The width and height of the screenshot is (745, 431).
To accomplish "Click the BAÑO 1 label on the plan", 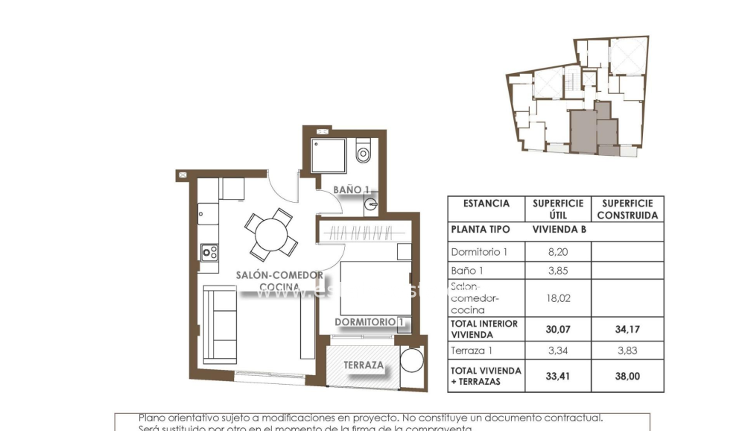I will point(351,190).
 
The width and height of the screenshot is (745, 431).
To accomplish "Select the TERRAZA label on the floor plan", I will point(363,365).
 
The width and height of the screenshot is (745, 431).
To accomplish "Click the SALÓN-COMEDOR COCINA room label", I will point(279,280).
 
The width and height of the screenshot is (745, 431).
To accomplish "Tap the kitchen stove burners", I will point(209,253).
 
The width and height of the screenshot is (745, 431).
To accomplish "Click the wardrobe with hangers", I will point(363,231).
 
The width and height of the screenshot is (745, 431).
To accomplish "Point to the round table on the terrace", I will point(412,361).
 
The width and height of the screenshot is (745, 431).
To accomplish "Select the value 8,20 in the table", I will point(558,252).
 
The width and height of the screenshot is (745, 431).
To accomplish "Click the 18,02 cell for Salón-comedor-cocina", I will point(558,298).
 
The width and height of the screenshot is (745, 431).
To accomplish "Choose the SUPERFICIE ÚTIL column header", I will point(558,209).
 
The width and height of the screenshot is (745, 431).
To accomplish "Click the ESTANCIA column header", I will point(486,203).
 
